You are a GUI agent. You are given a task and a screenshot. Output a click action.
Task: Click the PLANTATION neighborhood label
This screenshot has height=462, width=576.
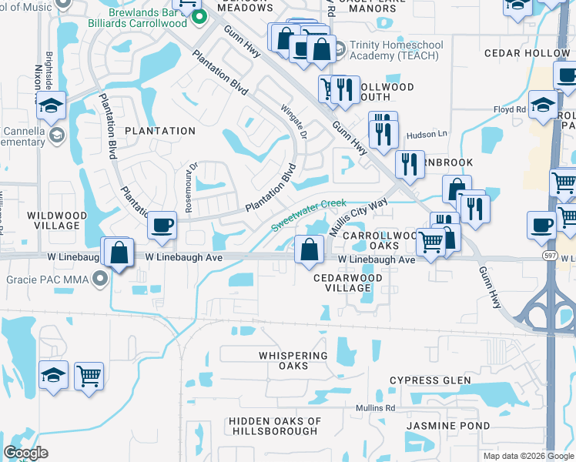click(160, 131)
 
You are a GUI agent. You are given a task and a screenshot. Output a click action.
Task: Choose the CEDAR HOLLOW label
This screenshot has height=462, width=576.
click(526, 53)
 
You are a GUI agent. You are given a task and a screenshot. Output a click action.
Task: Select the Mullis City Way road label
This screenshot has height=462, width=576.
click(357, 217)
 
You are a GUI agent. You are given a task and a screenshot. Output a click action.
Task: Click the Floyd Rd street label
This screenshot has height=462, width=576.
click(509, 110)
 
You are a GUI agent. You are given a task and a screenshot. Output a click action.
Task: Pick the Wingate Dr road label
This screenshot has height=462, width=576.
click(294, 121)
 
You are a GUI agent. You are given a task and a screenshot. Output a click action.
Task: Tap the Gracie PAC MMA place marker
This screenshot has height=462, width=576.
click(99, 282)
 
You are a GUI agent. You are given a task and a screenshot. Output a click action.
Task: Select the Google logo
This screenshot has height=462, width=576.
click(25, 452)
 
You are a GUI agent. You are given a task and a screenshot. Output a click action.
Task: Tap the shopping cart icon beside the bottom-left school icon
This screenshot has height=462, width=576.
click(89, 376)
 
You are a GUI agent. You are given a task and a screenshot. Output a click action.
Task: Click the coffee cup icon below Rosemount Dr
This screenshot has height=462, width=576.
click(162, 225)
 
